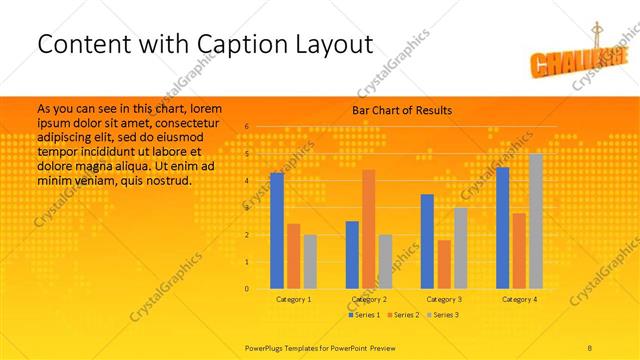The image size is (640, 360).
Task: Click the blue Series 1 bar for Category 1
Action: point(277,231)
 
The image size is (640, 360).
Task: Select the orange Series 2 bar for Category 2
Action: point(369,229)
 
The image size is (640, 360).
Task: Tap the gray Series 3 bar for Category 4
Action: point(536,221)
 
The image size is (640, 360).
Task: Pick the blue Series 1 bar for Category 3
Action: point(427,241)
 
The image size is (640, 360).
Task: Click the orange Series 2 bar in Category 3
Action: point(444,264)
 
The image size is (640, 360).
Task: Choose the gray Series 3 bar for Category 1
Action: point(310,262)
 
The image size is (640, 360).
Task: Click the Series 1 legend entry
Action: point(364,315)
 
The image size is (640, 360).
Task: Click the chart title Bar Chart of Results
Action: point(402,110)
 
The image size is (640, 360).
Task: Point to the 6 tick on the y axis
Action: point(247,127)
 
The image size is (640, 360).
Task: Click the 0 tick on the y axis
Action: point(247,289)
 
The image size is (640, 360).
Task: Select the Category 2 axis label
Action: point(369,299)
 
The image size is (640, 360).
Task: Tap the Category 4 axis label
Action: point(519,299)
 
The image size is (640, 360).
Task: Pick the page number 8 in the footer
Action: point(591,346)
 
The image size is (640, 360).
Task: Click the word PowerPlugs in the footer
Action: point(267,346)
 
